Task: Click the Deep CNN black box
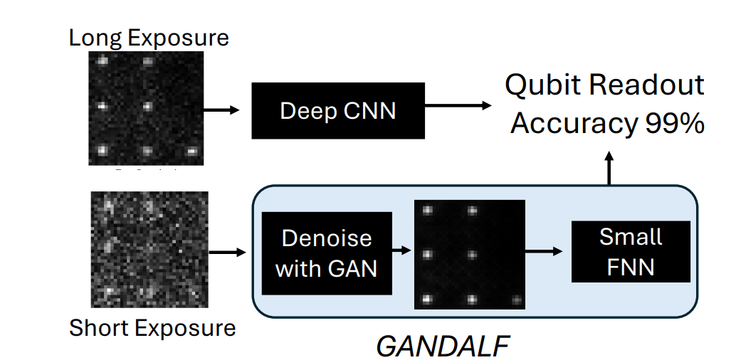(337, 110)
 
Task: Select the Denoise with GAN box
(327, 253)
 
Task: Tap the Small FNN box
(631, 251)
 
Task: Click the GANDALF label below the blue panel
(442, 346)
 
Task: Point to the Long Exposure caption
(149, 37)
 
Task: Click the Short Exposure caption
(152, 328)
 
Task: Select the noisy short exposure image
(149, 249)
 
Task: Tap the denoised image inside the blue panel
(469, 254)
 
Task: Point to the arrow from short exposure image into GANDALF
(228, 252)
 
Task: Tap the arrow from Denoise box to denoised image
(402, 250)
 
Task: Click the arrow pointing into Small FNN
(548, 250)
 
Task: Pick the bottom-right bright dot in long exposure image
(191, 151)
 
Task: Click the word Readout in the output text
(650, 85)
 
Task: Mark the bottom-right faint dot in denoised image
(515, 300)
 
